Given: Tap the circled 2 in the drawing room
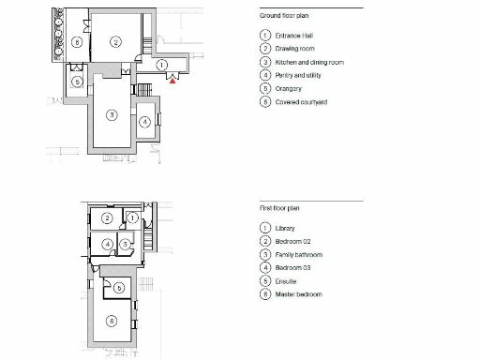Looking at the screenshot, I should pyautogui.click(x=114, y=41).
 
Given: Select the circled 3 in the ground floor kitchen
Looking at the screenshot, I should pyautogui.click(x=111, y=114).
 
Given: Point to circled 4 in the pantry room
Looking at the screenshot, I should pyautogui.click(x=143, y=122).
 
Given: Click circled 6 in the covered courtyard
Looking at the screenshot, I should pyautogui.click(x=75, y=42).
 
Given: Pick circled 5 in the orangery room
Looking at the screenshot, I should pyautogui.click(x=77, y=82).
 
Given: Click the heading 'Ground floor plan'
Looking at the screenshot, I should pyautogui.click(x=285, y=16).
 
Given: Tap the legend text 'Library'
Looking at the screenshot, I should pyautogui.click(x=286, y=229).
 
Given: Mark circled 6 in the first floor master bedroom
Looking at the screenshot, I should pyautogui.click(x=112, y=322).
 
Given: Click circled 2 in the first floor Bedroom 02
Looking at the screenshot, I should pyautogui.click(x=107, y=219).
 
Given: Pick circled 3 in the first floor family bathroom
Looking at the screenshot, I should pyautogui.click(x=124, y=244).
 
